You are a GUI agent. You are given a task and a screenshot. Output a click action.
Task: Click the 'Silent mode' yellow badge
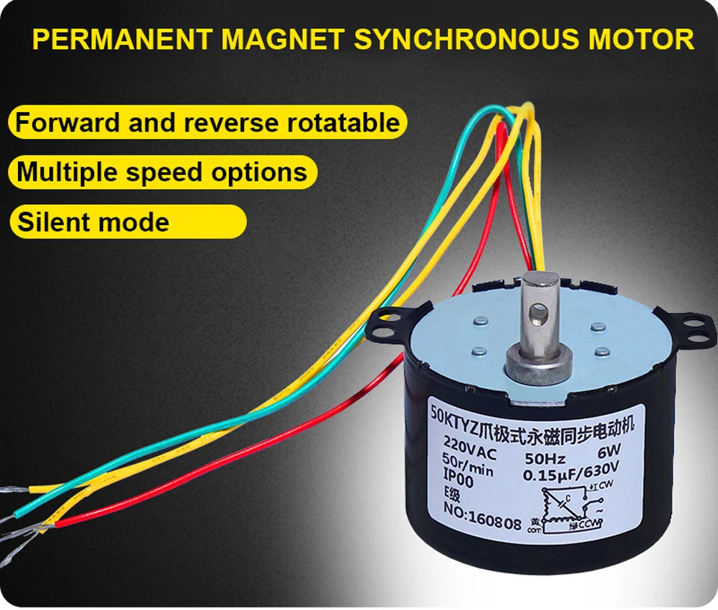127,222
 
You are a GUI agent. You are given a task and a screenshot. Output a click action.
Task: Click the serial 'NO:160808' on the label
470,520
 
